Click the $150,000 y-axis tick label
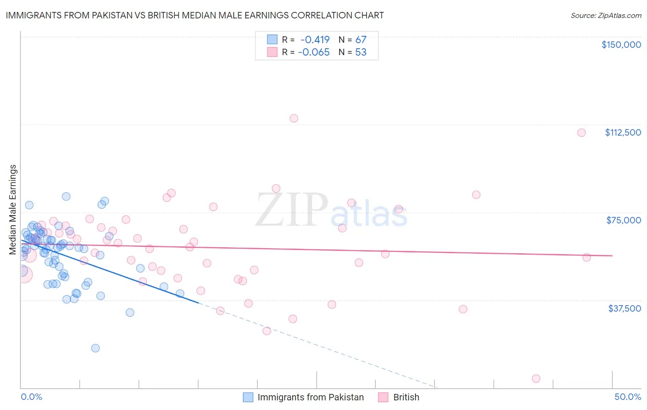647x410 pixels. (621, 45)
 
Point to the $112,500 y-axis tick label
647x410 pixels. (623, 132)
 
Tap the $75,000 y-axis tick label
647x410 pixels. (624, 220)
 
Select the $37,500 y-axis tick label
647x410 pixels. (624, 308)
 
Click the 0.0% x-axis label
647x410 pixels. (31, 397)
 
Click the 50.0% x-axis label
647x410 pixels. (628, 397)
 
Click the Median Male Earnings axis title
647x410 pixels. (13, 210)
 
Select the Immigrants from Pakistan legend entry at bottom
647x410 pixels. (310, 397)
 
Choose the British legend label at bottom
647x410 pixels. (406, 397)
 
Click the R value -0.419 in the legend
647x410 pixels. (315, 40)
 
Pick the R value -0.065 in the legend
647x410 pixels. (314, 52)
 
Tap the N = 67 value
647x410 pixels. (352, 40)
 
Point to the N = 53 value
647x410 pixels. (352, 52)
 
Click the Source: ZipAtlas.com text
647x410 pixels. (606, 16)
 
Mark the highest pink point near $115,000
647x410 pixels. (294, 118)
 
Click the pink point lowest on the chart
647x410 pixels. (536, 379)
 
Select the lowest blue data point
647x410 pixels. (95, 348)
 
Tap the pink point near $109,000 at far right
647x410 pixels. (581, 133)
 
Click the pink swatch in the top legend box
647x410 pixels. (272, 52)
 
